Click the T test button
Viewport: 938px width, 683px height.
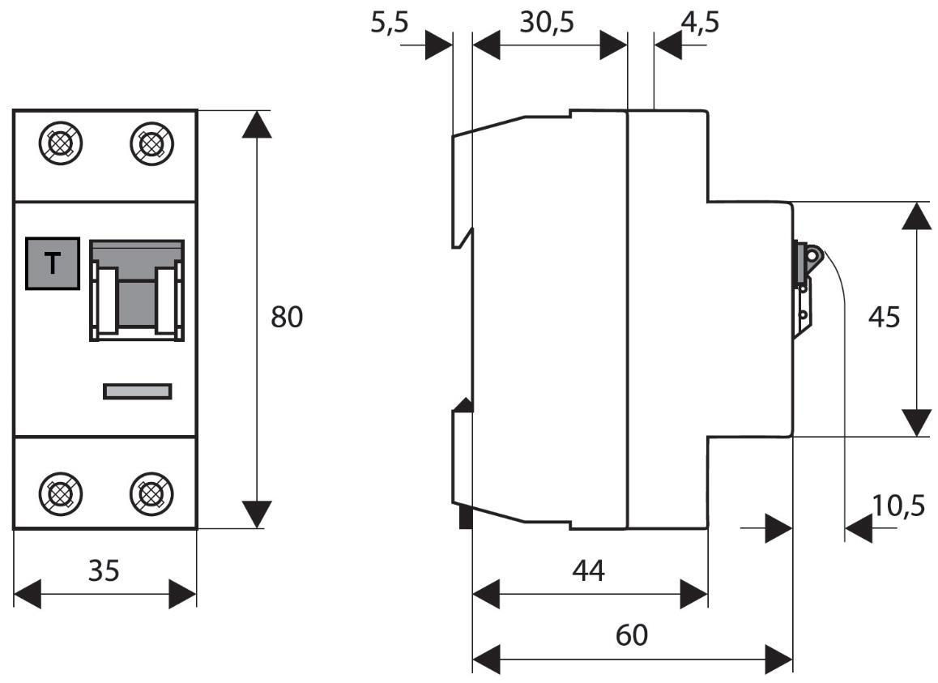53,263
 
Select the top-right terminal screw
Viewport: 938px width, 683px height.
151,143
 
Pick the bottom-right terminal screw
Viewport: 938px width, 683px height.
151,492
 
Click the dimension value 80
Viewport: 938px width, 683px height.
287,318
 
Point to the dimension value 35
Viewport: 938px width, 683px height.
104,570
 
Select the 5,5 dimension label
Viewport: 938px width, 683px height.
390,23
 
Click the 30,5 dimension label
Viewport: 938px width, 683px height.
547,23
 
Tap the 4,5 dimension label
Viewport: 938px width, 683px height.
700,23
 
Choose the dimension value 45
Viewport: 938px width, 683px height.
883,318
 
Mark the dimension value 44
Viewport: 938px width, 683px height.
589,570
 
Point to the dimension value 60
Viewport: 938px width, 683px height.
631,634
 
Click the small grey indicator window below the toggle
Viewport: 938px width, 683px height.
138,391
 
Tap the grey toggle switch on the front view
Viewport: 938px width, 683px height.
136,290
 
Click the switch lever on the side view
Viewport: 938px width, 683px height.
810,258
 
